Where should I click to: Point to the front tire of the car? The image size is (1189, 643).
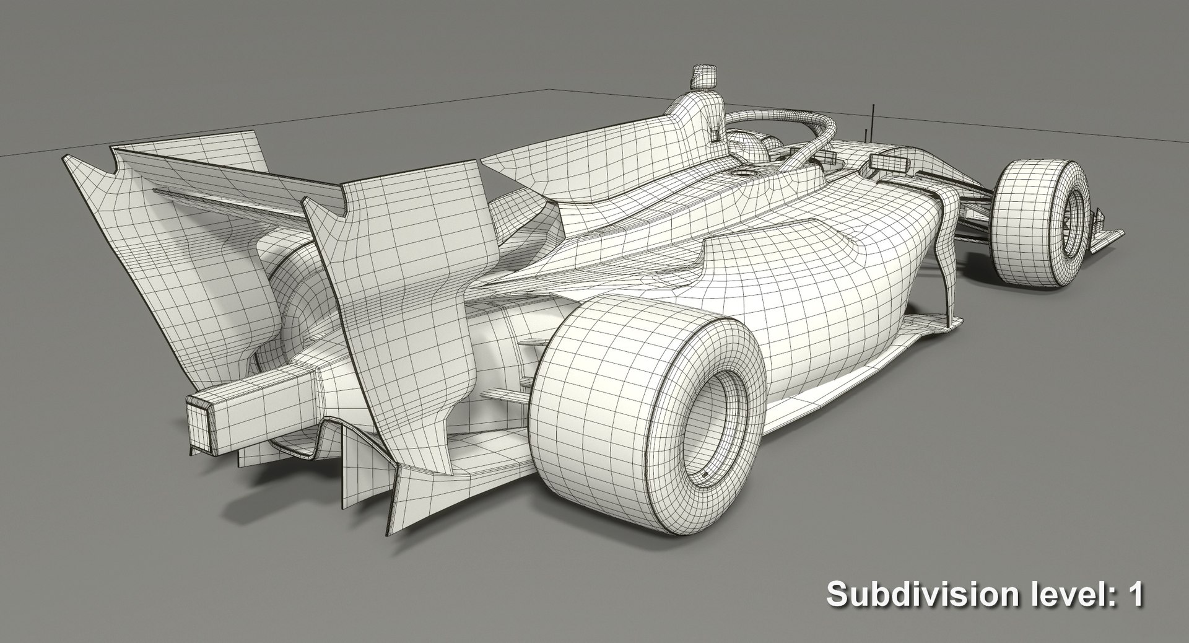click(x=1040, y=223)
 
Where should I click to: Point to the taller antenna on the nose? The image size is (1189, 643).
click(x=873, y=121)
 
